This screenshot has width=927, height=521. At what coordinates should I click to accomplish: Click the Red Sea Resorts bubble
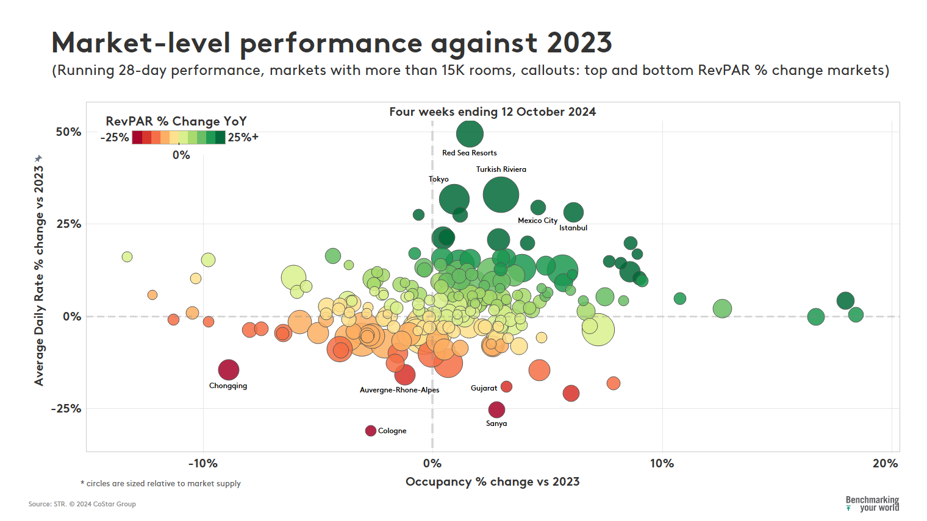click(470, 133)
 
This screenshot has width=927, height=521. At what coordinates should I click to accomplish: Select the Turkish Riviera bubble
click(501, 195)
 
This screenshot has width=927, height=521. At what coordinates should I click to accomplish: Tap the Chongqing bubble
click(228, 369)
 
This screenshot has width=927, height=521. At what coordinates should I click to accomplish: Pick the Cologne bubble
click(370, 431)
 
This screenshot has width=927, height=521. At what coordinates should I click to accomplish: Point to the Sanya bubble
click(496, 409)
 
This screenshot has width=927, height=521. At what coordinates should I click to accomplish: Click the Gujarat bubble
click(506, 387)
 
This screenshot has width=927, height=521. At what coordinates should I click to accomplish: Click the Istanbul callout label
click(573, 228)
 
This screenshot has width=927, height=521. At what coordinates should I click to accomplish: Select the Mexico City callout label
click(537, 221)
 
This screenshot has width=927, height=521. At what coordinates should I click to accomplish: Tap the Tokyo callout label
click(438, 179)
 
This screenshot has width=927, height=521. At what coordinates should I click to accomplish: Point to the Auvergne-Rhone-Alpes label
click(399, 390)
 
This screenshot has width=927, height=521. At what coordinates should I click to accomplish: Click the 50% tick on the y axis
click(68, 132)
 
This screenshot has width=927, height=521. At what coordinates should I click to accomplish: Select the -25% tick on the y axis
click(66, 409)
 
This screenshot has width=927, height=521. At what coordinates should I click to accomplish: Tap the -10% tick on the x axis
click(203, 464)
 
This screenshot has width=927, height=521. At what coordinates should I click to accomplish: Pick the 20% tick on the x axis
click(885, 464)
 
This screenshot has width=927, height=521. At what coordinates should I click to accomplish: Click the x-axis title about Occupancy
click(492, 482)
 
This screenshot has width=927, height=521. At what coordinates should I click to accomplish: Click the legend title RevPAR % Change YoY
click(176, 121)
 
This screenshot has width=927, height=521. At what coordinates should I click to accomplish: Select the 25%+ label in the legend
click(243, 138)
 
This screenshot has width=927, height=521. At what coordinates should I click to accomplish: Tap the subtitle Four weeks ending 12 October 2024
click(492, 112)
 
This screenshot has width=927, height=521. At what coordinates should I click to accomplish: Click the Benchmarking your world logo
click(872, 504)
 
